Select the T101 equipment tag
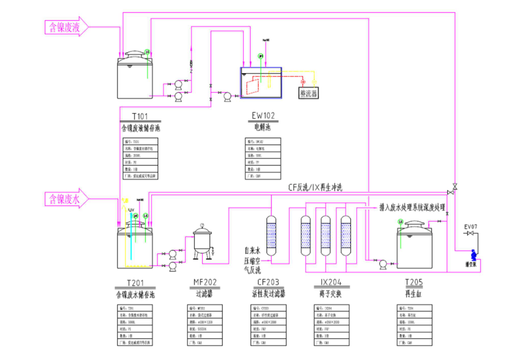(x=140, y=115)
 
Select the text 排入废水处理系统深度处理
(x=412, y=207)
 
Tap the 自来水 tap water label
(x=253, y=251)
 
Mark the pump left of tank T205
(x=383, y=264)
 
